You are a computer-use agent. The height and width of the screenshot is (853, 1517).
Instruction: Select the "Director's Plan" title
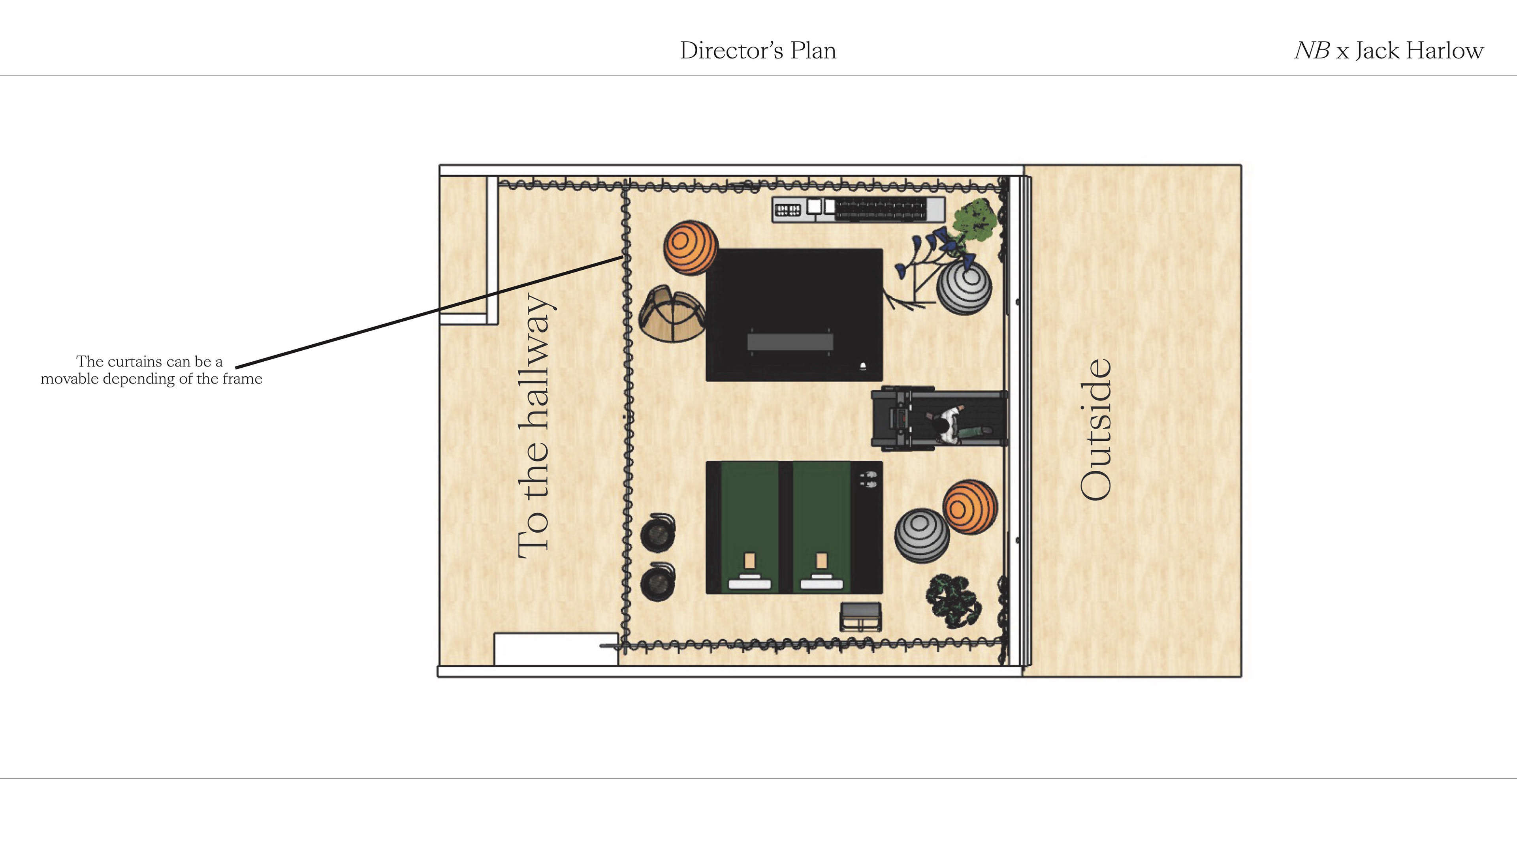point(758,51)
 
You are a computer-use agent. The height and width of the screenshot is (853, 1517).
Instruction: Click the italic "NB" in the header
point(1312,51)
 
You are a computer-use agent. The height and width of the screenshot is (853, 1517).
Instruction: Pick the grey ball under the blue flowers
point(964,288)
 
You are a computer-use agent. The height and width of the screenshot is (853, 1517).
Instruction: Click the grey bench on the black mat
point(790,342)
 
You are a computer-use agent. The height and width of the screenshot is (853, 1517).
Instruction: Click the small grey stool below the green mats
point(860,616)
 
